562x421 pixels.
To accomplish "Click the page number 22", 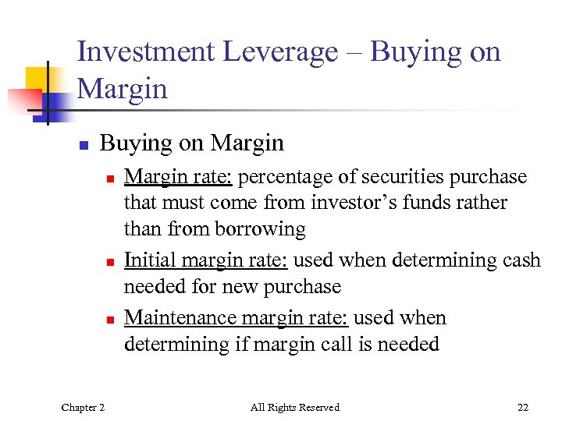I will [x=522, y=407].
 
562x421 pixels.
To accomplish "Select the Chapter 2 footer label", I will [x=83, y=407].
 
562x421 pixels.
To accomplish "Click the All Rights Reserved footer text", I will [x=295, y=407].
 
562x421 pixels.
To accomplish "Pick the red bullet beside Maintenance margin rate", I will [x=111, y=320].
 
